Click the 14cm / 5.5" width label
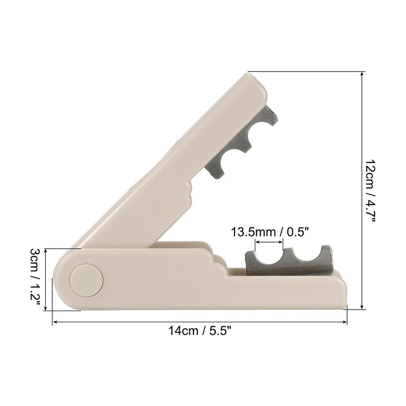click(x=200, y=331)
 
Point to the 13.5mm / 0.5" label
click(x=269, y=233)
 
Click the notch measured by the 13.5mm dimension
click(x=269, y=256)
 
